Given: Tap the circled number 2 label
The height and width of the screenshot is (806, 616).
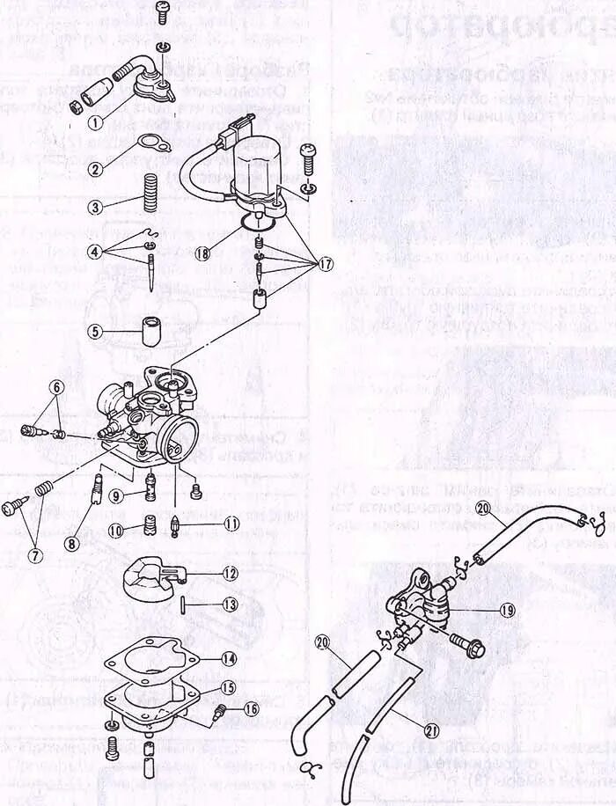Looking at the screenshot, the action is (96, 169).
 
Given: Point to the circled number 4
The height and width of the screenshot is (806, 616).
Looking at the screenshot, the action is (96, 251).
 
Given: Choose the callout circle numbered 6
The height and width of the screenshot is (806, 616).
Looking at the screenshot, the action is (55, 387).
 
